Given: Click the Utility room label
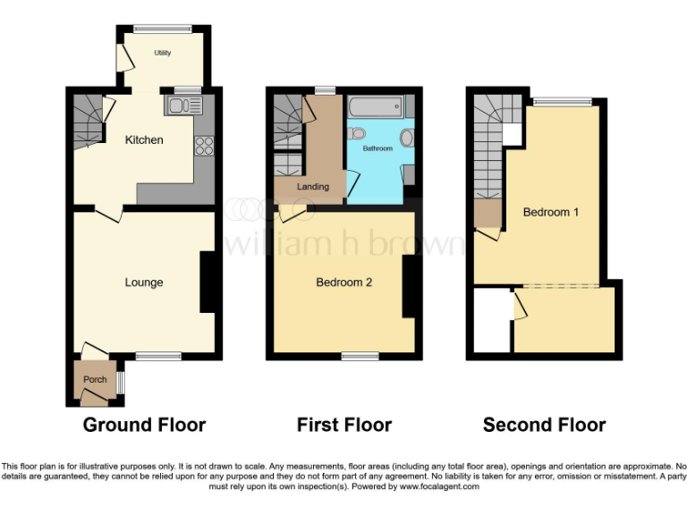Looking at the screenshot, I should [162, 54].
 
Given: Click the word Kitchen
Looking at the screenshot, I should [144, 140].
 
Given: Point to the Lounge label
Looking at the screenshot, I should [144, 283].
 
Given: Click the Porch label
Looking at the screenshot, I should [95, 380].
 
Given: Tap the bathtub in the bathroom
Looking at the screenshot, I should [376, 108].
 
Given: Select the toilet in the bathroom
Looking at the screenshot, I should [358, 134].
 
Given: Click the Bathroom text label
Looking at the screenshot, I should [377, 148].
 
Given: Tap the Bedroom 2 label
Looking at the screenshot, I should [343, 283].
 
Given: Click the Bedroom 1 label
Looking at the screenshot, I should [551, 213].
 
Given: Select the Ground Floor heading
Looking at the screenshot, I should [144, 425].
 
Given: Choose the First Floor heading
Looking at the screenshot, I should [344, 425].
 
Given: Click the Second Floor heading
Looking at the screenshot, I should [544, 425].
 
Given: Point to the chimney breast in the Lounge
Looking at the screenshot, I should [207, 283].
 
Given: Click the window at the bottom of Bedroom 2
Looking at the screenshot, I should [360, 357].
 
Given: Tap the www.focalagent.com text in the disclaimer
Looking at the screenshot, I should [440, 487].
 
